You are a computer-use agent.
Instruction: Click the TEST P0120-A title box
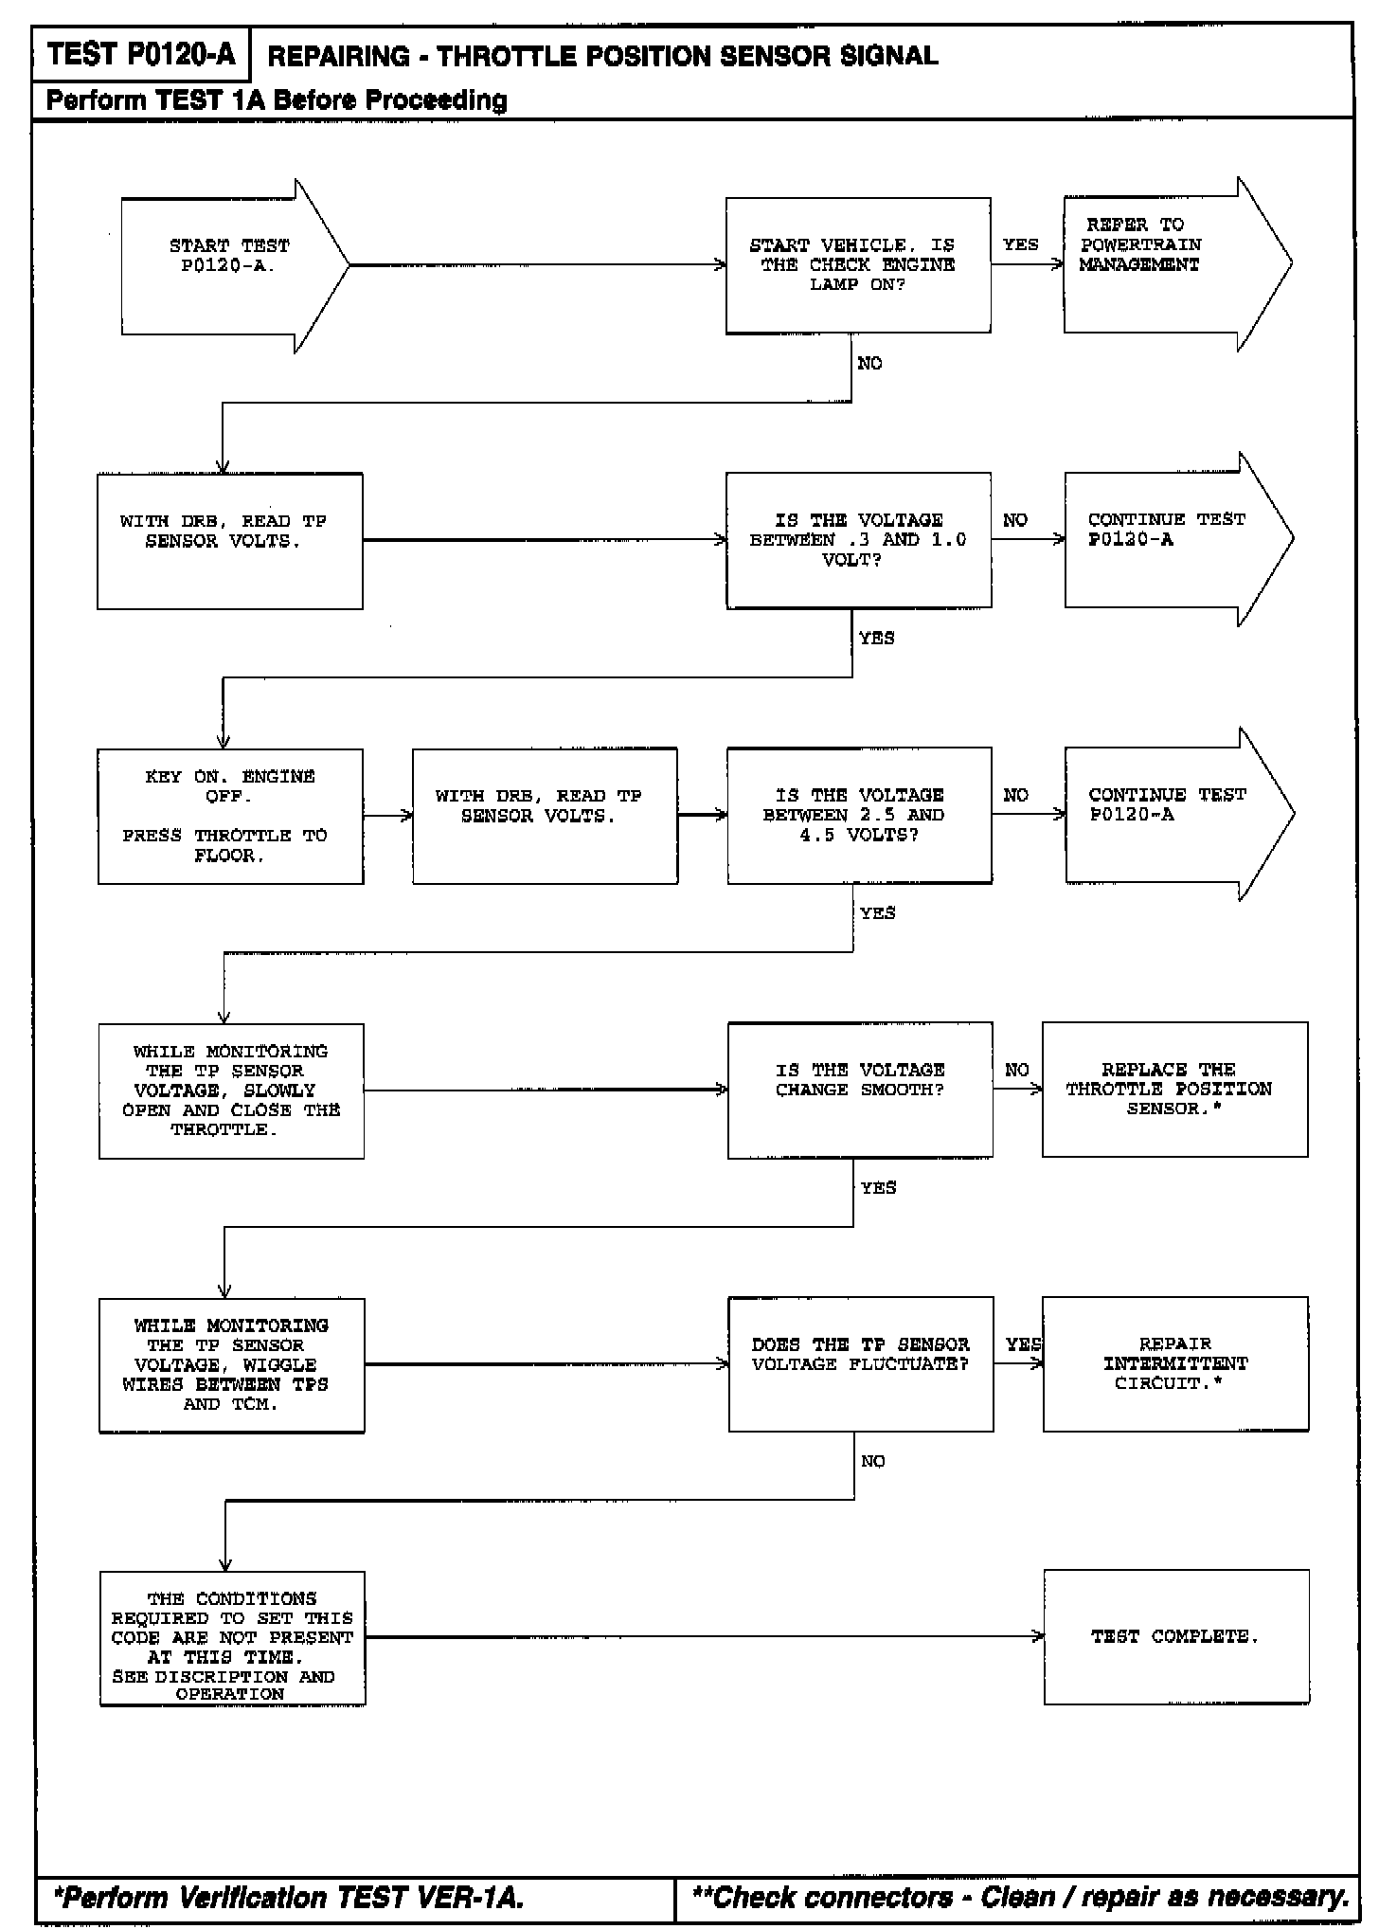pos(140,55)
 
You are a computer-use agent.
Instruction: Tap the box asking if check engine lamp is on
pos(858,265)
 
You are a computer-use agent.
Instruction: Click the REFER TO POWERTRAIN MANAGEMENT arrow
pos(1165,264)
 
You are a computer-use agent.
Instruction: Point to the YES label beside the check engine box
pos(1020,244)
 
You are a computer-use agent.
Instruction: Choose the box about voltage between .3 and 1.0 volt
pos(858,540)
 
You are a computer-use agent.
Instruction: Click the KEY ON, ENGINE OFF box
pos(230,816)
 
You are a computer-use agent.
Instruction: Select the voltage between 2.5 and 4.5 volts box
pos(859,815)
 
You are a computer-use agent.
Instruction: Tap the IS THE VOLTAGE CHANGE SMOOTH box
pos(859,1090)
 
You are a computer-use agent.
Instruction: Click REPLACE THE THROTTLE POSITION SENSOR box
pos(1174,1090)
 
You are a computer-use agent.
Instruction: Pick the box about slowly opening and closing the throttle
pos(231,1091)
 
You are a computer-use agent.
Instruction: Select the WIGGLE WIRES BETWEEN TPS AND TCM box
pos(231,1365)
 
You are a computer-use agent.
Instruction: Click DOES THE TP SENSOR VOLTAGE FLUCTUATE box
pos(860,1364)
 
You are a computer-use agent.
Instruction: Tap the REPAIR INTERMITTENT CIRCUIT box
pos(1175,1364)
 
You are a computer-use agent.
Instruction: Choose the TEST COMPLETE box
pos(1176,1637)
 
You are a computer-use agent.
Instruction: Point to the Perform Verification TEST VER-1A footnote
pos(289,1897)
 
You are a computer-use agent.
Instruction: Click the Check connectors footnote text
pos(1020,1897)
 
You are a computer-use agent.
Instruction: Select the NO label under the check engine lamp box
pos(869,364)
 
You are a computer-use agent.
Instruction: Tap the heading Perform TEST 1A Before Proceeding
pos(277,99)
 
